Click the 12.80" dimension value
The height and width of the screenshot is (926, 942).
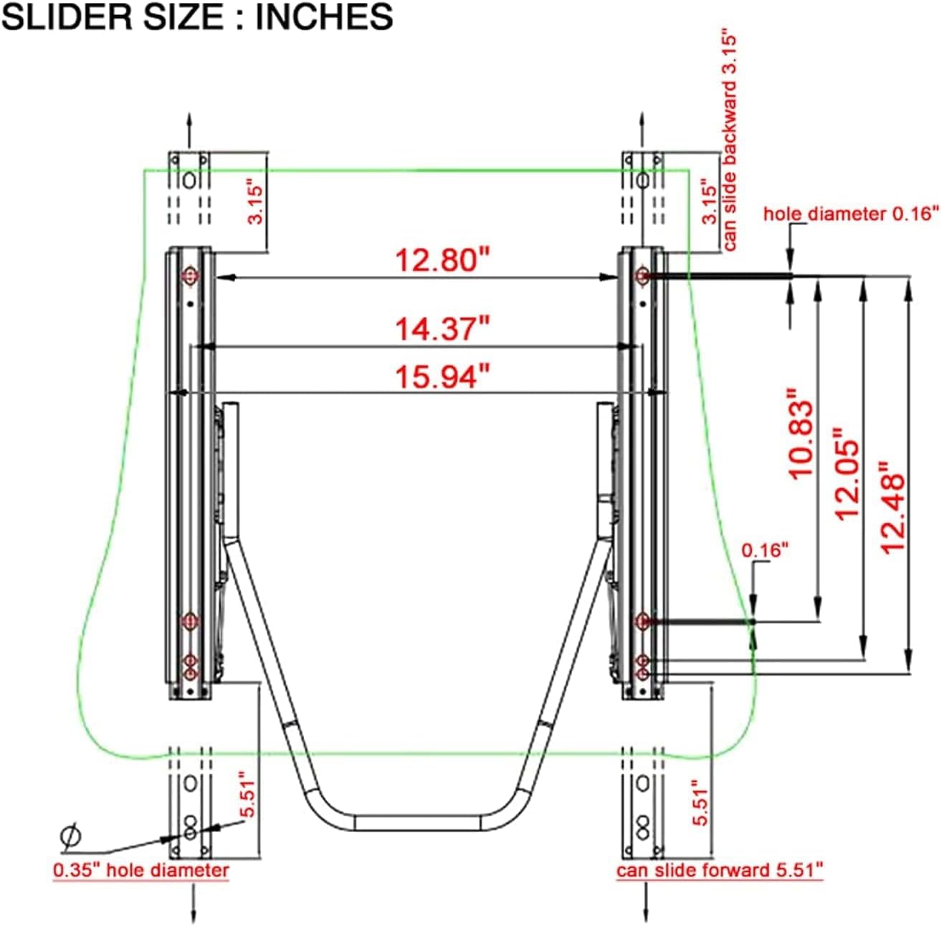tap(442, 260)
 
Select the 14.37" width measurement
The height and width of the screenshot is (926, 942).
tap(442, 329)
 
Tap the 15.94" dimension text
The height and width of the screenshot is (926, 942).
tap(442, 377)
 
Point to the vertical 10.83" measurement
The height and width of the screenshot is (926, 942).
tap(800, 434)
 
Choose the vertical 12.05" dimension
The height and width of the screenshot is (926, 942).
tap(847, 474)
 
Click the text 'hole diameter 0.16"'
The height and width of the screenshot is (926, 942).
tap(851, 214)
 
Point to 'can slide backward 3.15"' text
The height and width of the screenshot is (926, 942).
tap(729, 143)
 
